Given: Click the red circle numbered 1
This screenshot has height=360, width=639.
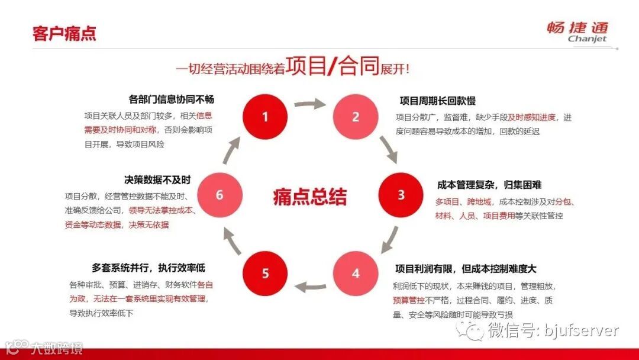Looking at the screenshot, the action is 265,117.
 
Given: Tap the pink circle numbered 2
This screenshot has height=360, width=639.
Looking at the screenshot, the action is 356,117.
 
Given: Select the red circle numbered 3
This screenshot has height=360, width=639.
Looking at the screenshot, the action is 401,195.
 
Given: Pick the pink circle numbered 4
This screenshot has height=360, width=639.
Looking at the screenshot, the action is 356,274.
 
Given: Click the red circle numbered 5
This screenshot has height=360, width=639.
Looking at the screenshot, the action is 265,274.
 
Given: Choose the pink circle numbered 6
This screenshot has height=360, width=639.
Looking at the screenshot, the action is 220,195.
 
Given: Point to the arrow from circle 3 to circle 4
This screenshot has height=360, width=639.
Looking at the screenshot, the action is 389,238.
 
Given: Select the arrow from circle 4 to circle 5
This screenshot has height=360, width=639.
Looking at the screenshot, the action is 310,287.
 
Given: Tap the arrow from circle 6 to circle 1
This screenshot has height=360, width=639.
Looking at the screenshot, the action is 231,151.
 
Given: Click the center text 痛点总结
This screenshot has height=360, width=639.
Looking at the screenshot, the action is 310,197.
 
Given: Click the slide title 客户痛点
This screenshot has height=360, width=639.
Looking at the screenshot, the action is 64,33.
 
